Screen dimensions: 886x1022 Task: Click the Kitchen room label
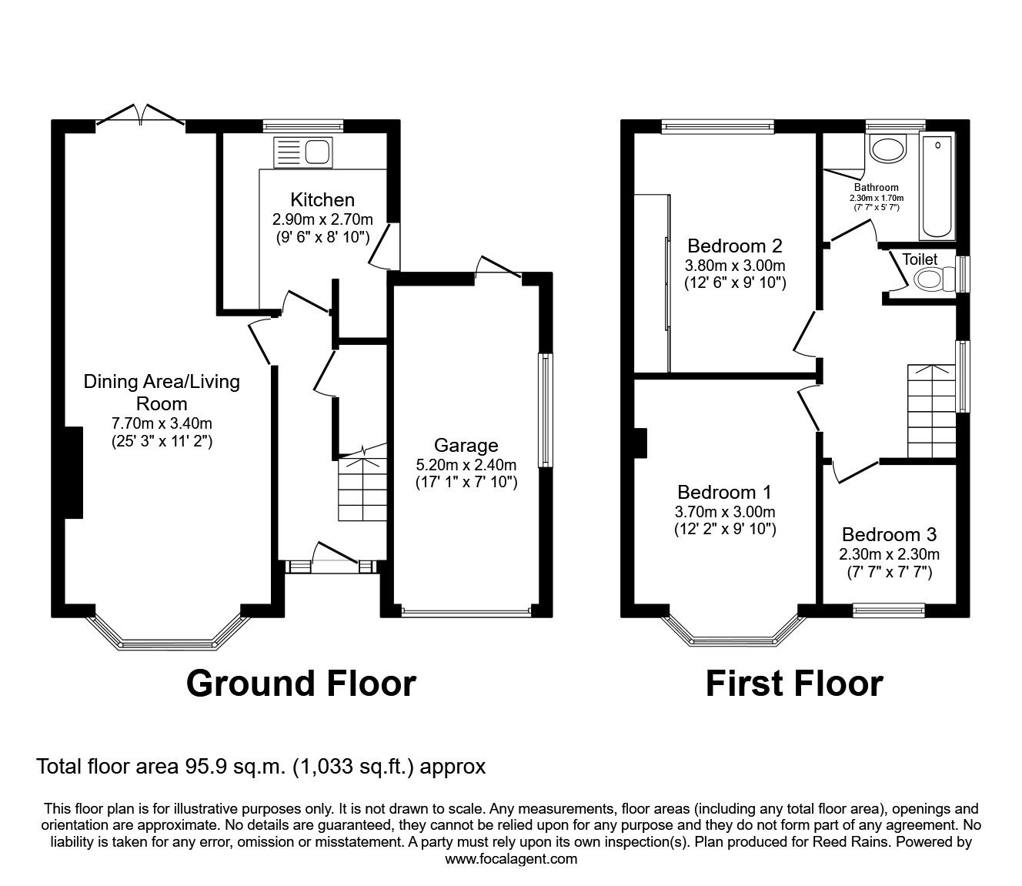pyautogui.click(x=322, y=199)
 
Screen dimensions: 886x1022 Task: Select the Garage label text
pyautogui.click(x=466, y=445)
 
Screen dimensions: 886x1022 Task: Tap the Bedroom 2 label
pyautogui.click(x=734, y=246)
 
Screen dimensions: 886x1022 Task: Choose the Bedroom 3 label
pyautogui.click(x=889, y=534)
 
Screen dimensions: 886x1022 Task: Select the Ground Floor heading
pyautogui.click(x=301, y=684)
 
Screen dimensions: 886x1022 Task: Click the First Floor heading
pyautogui.click(x=794, y=684)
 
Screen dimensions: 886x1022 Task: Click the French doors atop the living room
pyautogui.click(x=140, y=115)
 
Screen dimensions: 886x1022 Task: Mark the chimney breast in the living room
pyautogui.click(x=73, y=472)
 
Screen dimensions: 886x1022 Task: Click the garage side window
pyautogui.click(x=545, y=410)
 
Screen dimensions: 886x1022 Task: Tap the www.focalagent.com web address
pyautogui.click(x=511, y=859)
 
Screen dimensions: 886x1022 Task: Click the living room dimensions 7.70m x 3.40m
pyautogui.click(x=162, y=423)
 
